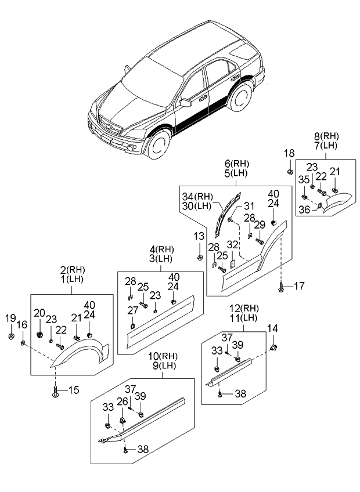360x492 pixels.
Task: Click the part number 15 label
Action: tap(73, 390)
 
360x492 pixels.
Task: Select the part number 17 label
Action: tap(299, 285)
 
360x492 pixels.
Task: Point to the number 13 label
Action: tap(199, 237)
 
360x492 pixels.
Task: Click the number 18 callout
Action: tap(289, 153)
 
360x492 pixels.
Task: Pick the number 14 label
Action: tap(272, 328)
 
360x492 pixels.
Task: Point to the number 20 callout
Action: tap(39, 314)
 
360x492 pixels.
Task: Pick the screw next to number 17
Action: tap(282, 285)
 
